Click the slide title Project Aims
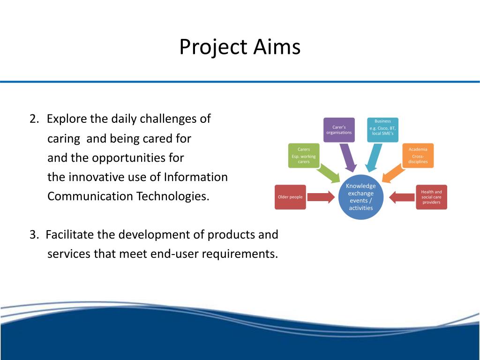(x=240, y=47)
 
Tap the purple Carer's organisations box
(x=339, y=130)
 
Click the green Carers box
(x=304, y=156)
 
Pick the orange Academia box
(x=418, y=156)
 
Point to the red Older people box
(x=290, y=197)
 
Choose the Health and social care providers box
(x=431, y=197)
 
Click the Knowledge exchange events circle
(x=360, y=197)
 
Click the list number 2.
(x=34, y=119)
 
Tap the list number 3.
(x=34, y=234)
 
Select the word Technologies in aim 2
(x=172, y=196)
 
